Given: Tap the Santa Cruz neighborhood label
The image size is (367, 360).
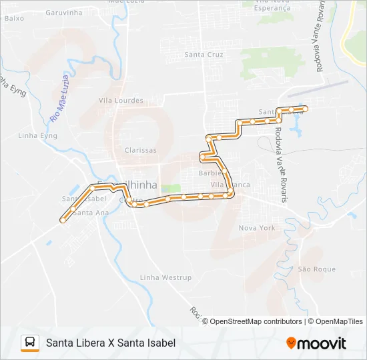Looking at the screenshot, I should [204, 55].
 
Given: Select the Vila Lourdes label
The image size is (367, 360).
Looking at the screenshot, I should [121, 101].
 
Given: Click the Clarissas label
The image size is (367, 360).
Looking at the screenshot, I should [140, 151].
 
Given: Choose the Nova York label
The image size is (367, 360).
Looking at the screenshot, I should [257, 228].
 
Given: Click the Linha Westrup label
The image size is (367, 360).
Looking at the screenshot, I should [165, 277].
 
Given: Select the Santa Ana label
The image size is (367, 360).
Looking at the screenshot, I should [92, 213].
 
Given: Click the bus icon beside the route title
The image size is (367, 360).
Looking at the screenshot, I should [30, 343].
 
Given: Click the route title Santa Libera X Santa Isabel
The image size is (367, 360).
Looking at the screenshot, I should [111, 343].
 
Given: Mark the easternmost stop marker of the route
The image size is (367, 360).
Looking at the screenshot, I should [305, 108].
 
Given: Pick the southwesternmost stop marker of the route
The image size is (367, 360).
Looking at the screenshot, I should [63, 219].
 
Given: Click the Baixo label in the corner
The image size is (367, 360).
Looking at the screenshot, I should [14, 18].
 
